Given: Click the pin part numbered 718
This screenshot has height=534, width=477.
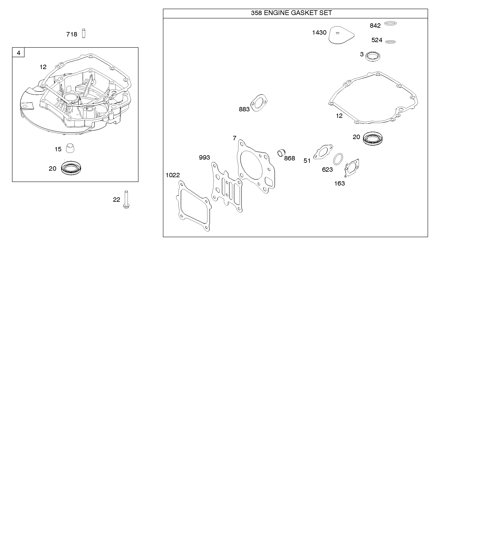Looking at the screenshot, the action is (x=84, y=33).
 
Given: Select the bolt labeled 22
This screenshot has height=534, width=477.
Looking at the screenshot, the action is (x=126, y=200).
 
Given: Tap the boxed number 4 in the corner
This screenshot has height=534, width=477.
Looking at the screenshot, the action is (x=18, y=53).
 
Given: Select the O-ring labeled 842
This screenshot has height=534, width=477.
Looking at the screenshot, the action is (x=390, y=23).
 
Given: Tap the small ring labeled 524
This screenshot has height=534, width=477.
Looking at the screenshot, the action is (x=391, y=42).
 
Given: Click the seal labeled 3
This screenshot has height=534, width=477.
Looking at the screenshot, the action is (x=373, y=56).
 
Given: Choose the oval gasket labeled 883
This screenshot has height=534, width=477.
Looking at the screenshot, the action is (x=259, y=103).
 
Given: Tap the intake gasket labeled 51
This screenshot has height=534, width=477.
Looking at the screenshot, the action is (x=323, y=152).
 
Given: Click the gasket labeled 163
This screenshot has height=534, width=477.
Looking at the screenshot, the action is (x=352, y=168).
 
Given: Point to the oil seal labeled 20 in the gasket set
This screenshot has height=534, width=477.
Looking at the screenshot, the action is (x=373, y=138).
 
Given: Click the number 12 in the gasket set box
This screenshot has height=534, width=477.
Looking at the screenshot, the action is (x=339, y=116).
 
